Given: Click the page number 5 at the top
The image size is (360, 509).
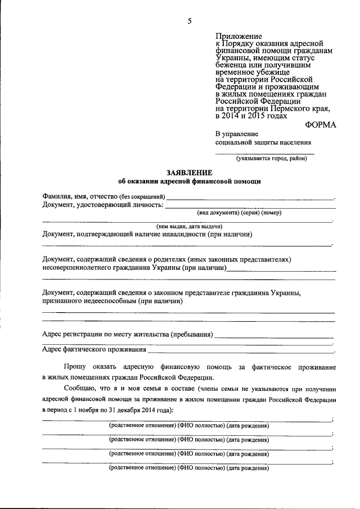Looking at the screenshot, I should pos(190,21).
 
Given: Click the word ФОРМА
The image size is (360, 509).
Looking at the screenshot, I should pos(320,125).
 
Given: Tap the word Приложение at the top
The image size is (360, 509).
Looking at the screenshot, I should pos(237,36).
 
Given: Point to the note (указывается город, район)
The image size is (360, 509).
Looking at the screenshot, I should pos(272,159).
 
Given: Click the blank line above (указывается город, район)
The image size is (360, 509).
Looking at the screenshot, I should pos(265,154).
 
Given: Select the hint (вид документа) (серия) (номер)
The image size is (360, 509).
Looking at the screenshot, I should pos(238,213).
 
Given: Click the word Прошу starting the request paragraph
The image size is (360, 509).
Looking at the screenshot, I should pos(75,367).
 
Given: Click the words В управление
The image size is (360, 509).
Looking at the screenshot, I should pos(237,134).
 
